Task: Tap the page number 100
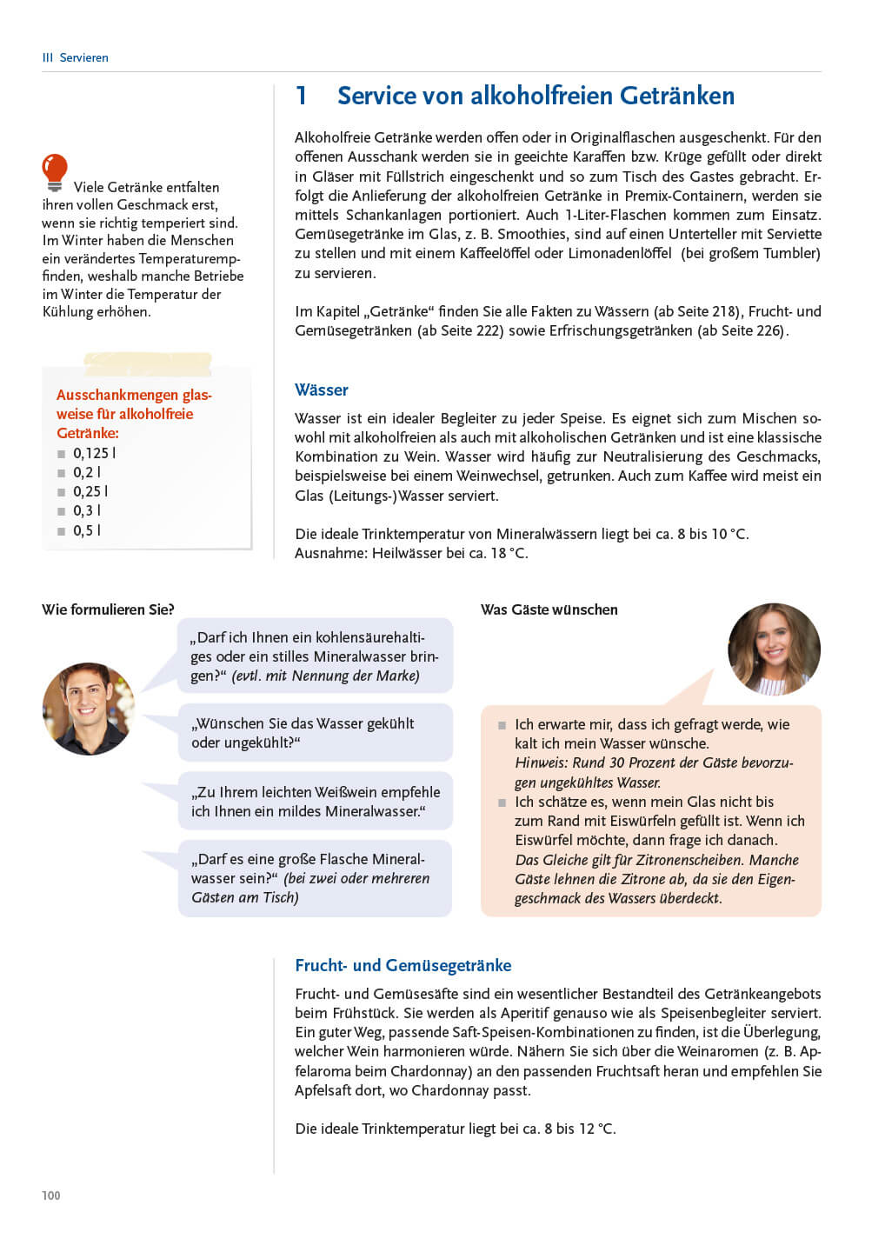click(x=51, y=1195)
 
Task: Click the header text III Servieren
click(x=76, y=57)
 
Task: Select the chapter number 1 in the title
click(x=302, y=96)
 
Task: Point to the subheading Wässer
click(x=322, y=390)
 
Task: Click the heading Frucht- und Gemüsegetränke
click(x=403, y=965)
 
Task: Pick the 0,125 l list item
click(x=94, y=453)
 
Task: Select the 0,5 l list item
click(x=87, y=530)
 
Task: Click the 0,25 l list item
click(x=90, y=491)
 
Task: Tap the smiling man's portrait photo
click(x=89, y=709)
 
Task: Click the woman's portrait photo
click(x=774, y=649)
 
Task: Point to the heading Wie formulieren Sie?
click(x=108, y=609)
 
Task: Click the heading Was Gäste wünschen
click(x=549, y=609)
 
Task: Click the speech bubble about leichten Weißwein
click(x=316, y=802)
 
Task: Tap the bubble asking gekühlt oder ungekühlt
click(x=316, y=733)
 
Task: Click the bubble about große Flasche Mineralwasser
click(x=316, y=878)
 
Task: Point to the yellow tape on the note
click(x=148, y=363)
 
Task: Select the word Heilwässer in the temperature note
click(x=408, y=553)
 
